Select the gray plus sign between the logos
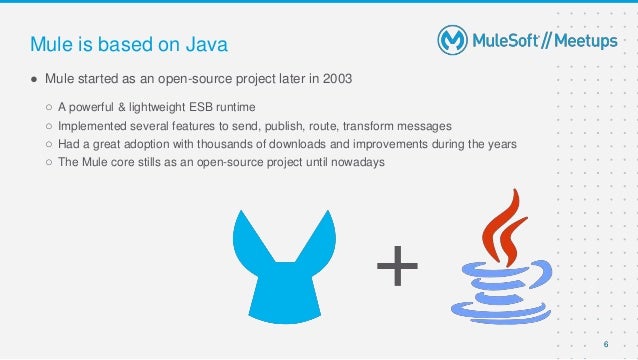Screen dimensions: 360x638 [x=397, y=267]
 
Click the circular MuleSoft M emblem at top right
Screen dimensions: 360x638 [x=453, y=40]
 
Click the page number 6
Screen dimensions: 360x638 [x=605, y=345]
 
